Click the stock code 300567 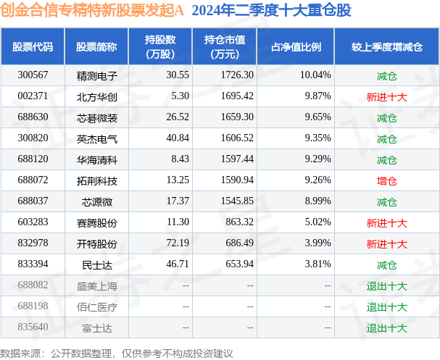click(33, 75)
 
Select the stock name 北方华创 click(97, 97)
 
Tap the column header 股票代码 click(33, 47)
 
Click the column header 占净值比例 click(296, 47)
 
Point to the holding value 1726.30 click(237, 75)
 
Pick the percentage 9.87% click(318, 96)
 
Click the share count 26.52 click(178, 117)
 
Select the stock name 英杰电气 click(97, 139)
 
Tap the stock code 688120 click(33, 159)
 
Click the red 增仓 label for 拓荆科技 click(386, 181)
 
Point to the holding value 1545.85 click(237, 201)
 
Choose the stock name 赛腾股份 click(97, 223)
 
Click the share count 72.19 click(178, 243)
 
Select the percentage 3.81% click(318, 264)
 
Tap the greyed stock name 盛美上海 click(97, 286)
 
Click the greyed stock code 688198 click(33, 306)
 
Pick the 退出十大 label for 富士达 click(386, 328)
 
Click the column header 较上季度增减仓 click(386, 47)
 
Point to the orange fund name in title click(92, 10)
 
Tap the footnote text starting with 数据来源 click(117, 353)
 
